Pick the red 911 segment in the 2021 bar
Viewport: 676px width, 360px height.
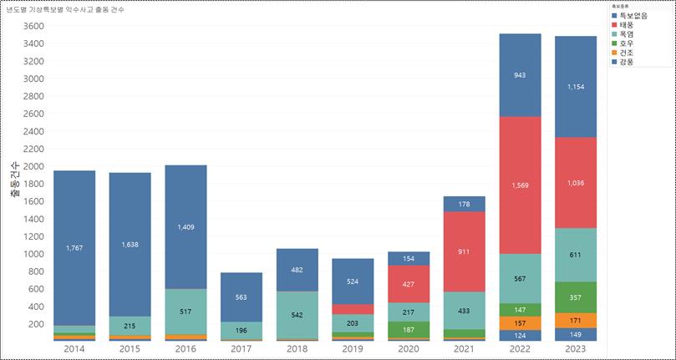tap(464, 251)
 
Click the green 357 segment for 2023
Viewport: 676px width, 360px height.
tap(575, 297)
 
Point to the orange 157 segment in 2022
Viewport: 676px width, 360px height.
tap(519, 322)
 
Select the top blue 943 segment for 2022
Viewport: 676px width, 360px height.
tap(519, 75)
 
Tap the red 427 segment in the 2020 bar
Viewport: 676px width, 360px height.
tap(408, 284)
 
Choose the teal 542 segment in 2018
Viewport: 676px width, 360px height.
tap(297, 315)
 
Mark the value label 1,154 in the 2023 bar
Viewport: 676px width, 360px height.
tap(575, 88)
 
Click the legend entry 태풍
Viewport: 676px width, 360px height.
tap(628, 26)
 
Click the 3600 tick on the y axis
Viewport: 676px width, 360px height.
tap(33, 26)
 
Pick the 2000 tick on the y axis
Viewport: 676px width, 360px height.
tap(33, 166)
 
